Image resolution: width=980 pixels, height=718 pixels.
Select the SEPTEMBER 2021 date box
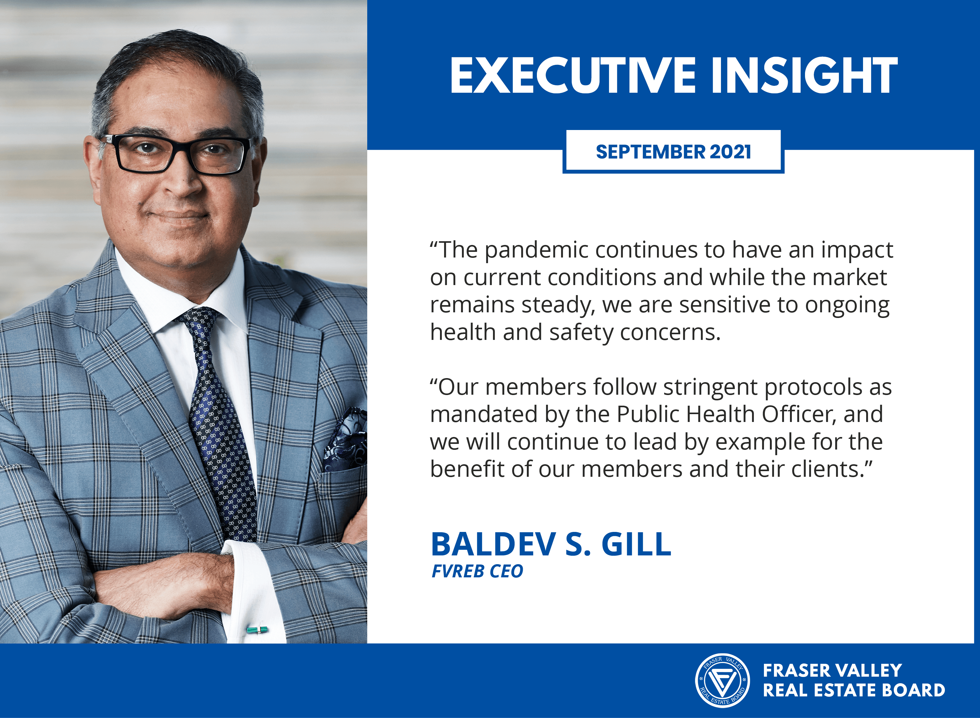pyautogui.click(x=673, y=152)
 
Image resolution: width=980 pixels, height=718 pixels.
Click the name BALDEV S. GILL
pyautogui.click(x=551, y=544)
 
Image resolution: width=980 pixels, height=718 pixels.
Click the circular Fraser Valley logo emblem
pyautogui.click(x=722, y=680)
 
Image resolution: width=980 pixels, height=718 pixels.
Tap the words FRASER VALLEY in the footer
pyautogui.click(x=832, y=670)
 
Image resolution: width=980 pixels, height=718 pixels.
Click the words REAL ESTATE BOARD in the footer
pyautogui.click(x=854, y=690)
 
